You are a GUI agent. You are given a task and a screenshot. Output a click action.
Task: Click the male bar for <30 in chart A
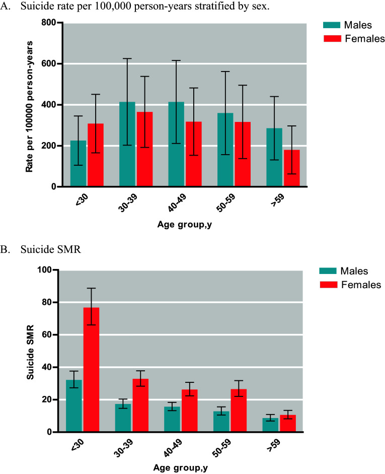[x=78, y=164]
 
